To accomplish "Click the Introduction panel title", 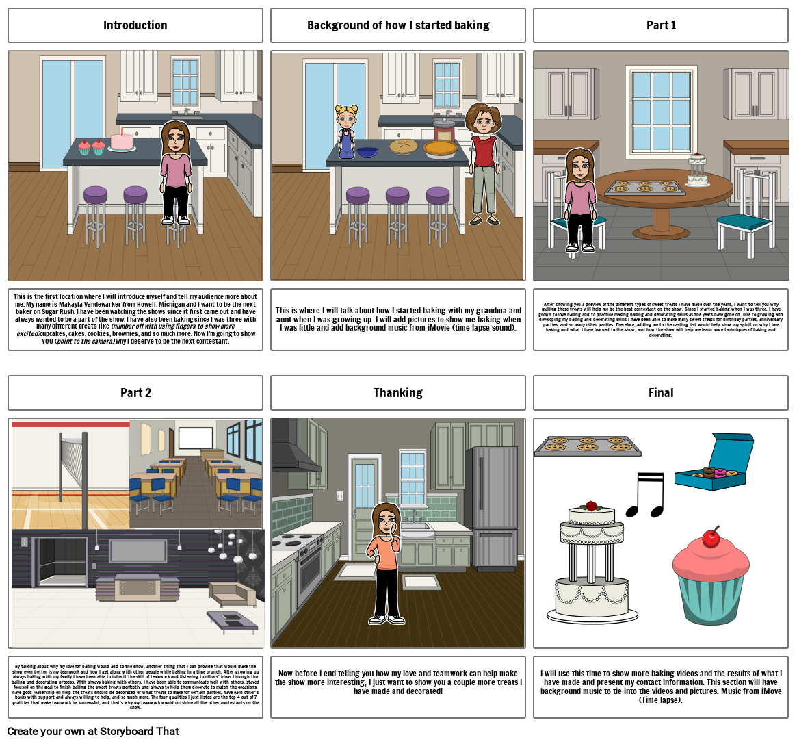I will [135, 25].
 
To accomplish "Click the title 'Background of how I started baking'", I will [397, 25].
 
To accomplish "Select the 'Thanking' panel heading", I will [397, 392].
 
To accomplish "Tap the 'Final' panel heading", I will [660, 392].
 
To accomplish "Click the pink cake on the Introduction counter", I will [122, 141].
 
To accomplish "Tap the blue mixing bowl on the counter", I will [367, 151].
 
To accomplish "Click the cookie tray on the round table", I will [644, 187].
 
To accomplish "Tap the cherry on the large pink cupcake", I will [711, 537].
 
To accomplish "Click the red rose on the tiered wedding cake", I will [591, 506].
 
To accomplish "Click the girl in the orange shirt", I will [387, 561].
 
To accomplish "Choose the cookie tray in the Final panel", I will [587, 445].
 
